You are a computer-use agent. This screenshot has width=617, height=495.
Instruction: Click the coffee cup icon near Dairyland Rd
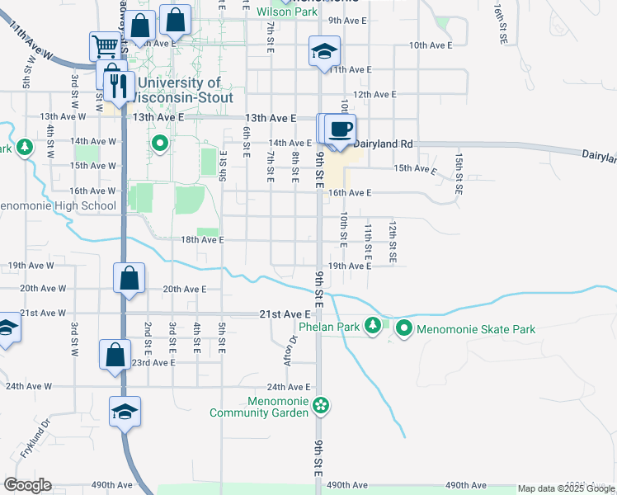[340, 129]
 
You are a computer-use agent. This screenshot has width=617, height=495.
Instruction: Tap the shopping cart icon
[106, 45]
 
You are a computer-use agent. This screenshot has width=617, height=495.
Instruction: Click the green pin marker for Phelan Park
[374, 325]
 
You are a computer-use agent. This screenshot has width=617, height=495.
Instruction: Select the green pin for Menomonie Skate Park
[404, 329]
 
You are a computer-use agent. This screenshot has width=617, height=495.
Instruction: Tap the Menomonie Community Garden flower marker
[321, 405]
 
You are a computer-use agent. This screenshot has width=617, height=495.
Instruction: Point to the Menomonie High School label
[58, 205]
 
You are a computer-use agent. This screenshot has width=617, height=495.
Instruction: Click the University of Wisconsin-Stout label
[179, 90]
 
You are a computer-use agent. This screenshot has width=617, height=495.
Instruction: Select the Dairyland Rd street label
[383, 144]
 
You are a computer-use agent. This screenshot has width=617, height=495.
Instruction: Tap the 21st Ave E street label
[284, 314]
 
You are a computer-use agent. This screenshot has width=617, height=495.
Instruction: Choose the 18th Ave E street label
[202, 240]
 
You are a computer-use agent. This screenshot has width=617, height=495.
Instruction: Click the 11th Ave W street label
[32, 42]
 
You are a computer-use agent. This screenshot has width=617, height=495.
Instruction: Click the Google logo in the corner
[27, 485]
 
